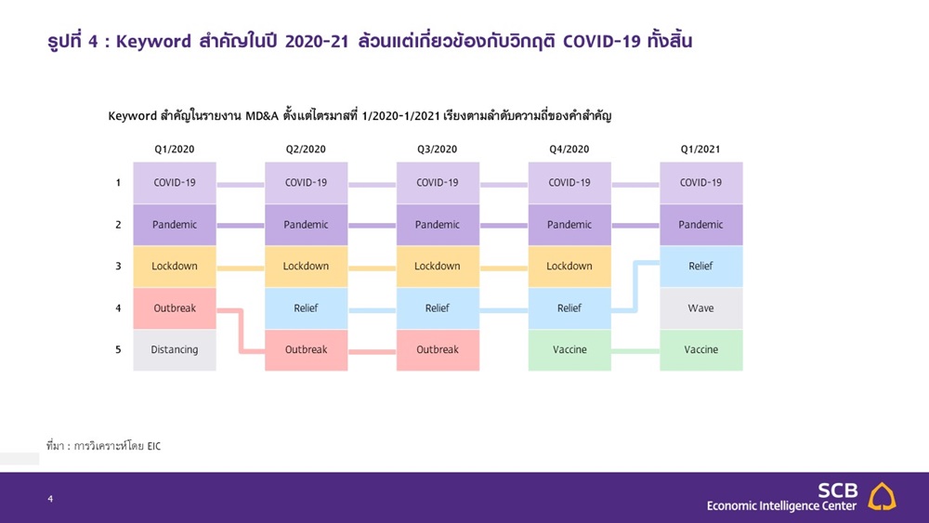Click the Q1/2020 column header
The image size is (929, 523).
[175, 150]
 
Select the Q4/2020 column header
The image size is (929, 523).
[569, 150]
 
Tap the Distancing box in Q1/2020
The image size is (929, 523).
[175, 350]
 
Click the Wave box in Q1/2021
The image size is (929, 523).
[700, 308]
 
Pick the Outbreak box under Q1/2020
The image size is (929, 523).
[175, 308]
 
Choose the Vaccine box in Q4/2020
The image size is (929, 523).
[569, 350]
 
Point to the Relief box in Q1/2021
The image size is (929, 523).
[700, 267]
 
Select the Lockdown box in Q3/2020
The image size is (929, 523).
[438, 267]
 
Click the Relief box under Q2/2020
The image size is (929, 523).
[306, 308]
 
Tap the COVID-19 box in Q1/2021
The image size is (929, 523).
[700, 183]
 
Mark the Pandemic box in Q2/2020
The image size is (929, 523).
[306, 225]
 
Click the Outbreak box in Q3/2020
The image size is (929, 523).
[438, 350]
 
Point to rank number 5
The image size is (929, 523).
[118, 349]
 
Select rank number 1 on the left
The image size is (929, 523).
[118, 182]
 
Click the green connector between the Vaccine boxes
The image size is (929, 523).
[635, 351]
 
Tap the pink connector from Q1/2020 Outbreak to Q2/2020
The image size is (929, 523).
[241, 331]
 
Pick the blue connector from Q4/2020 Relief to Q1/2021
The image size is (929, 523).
[635, 287]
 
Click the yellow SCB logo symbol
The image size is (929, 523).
[882, 496]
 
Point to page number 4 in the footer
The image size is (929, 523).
[50, 499]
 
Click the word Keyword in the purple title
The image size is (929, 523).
[153, 42]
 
